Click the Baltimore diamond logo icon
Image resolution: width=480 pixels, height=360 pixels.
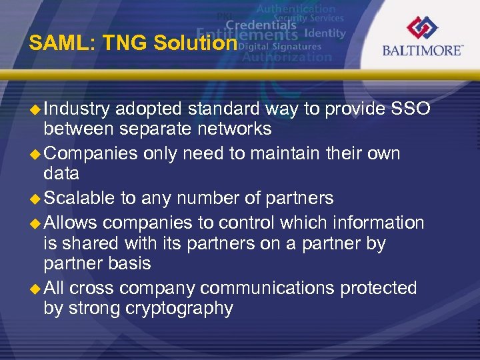tap(422, 28)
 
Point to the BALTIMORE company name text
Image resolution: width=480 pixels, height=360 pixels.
tap(422, 51)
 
